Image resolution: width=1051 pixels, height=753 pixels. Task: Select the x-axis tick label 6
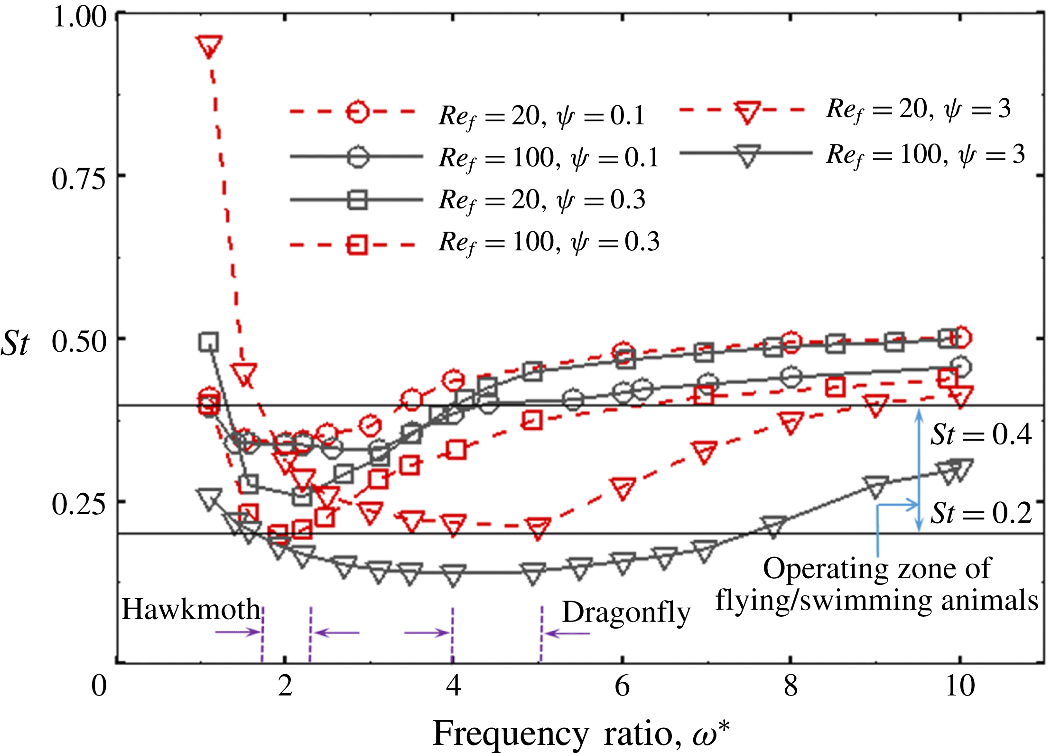[622, 687]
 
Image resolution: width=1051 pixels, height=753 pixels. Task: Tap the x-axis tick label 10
[960, 687]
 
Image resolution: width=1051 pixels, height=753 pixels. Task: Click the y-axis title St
[15, 344]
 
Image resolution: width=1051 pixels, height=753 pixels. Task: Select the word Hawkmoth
[191, 609]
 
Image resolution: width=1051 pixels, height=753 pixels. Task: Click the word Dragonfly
[626, 612]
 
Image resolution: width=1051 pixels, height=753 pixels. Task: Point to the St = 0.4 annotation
[981, 434]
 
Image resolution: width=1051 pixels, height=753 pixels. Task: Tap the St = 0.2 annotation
[981, 513]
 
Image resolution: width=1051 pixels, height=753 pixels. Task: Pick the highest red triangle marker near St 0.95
[209, 46]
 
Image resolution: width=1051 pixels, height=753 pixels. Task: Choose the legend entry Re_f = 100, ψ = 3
[925, 155]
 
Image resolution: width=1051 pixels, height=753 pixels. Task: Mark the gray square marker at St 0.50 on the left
[209, 342]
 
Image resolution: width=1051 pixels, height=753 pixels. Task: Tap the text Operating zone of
[877, 568]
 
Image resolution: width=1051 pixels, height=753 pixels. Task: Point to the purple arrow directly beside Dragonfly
[567, 633]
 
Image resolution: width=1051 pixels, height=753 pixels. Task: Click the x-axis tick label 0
[99, 687]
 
